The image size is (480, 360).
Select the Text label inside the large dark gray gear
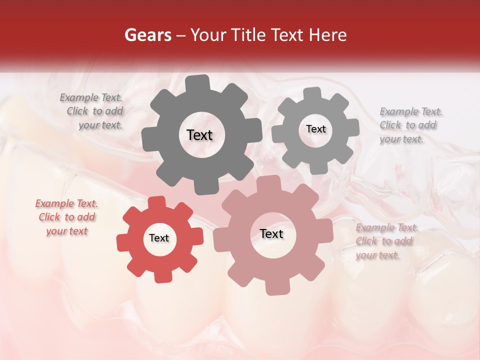(199, 135)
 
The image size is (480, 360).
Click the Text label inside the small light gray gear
(315, 129)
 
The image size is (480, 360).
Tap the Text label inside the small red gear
(159, 238)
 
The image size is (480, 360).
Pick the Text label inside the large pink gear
(271, 234)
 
